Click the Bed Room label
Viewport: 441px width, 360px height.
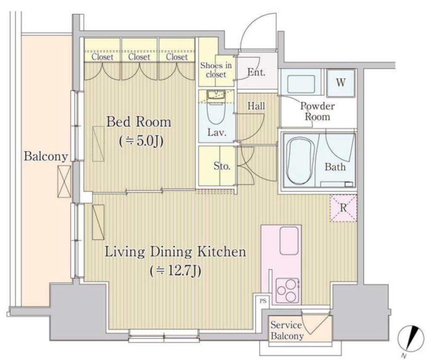(x=139, y=122)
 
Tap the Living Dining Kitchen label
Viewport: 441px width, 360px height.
(x=175, y=252)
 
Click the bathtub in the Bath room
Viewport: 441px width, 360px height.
(x=300, y=160)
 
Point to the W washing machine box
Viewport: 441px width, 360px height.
(x=341, y=83)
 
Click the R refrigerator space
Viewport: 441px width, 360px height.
(x=343, y=208)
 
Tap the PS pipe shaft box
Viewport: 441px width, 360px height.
(x=263, y=301)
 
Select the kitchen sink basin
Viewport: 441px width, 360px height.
(x=289, y=241)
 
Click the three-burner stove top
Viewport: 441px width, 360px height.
(x=287, y=290)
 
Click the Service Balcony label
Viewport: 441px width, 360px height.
(x=287, y=330)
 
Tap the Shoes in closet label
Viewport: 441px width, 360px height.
(x=216, y=70)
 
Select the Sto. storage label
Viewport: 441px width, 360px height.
(x=222, y=166)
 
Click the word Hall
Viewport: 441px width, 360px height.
(x=256, y=106)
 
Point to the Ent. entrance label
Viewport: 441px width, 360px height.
(x=256, y=72)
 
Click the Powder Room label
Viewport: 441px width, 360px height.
(x=317, y=111)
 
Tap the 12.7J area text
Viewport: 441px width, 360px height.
(x=176, y=271)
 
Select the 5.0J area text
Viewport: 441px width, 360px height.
(x=141, y=142)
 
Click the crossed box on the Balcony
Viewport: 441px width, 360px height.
(x=64, y=181)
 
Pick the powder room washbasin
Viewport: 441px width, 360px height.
(x=301, y=84)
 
